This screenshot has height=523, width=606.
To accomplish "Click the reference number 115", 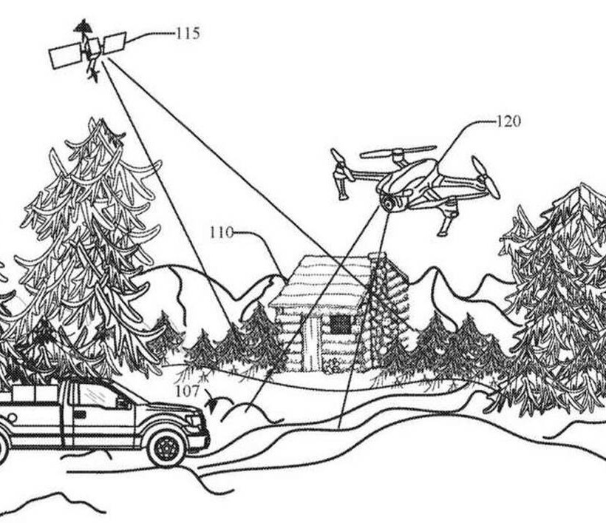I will point(187,33).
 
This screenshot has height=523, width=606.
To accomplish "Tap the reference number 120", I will point(508,121).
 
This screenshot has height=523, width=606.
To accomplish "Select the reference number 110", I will point(221,233).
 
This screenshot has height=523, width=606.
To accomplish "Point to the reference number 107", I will point(186,391).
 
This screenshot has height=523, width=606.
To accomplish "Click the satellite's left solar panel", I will point(65,55).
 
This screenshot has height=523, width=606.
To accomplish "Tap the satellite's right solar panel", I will point(115,43).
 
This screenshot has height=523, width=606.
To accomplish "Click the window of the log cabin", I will point(340,325).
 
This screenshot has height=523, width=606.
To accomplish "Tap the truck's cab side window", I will point(96,397).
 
